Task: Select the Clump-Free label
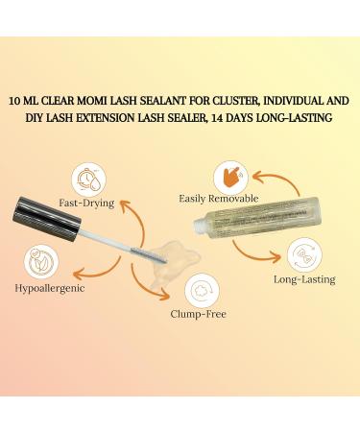(199, 314)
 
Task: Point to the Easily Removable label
(218, 198)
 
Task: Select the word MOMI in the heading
(112, 100)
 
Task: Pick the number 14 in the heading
(230, 118)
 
